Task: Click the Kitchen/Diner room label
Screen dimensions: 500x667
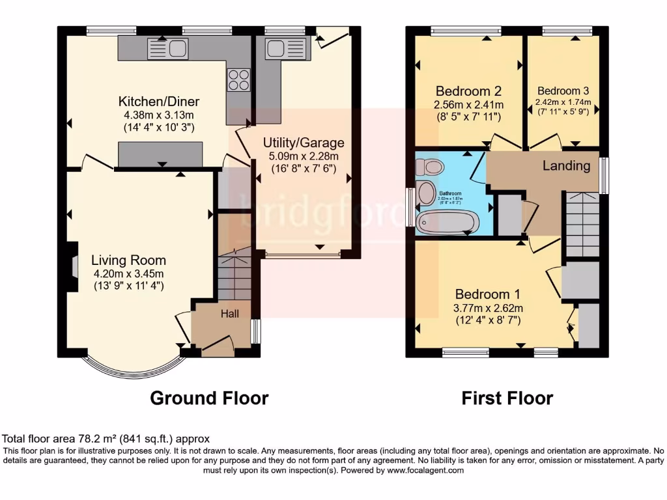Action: coord(158,102)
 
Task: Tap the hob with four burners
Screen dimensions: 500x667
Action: coord(238,79)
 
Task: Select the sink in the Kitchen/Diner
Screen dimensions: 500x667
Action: coord(168,48)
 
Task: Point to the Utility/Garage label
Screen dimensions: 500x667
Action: coord(304,143)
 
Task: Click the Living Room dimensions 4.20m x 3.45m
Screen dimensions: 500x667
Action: coord(128,273)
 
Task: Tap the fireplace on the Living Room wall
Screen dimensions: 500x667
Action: coord(74,266)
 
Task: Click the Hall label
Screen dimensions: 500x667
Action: coord(229,314)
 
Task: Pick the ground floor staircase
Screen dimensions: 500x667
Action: coord(234,277)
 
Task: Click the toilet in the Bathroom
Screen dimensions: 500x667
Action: coord(431,167)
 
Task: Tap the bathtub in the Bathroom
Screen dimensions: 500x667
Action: coord(447,223)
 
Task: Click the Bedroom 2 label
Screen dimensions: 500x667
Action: coord(468,90)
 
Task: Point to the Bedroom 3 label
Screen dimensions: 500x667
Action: coord(563,91)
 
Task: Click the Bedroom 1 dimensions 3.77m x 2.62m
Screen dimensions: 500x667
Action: coord(488,308)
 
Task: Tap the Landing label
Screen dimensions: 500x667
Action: coord(567,166)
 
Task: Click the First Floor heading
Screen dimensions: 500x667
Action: coord(507,398)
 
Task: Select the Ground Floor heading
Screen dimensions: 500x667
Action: coord(209,398)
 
